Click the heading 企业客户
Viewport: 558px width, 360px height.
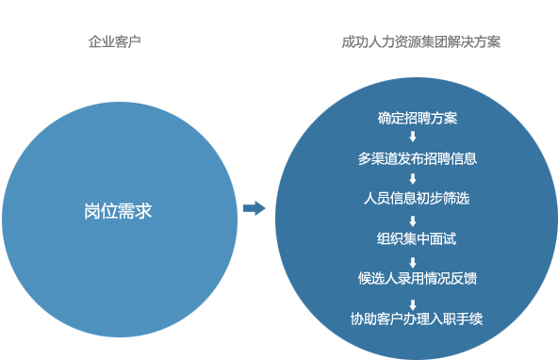[x=115, y=42]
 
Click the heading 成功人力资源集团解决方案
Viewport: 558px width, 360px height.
[x=421, y=42]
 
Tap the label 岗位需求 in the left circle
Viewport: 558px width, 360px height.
[x=118, y=211]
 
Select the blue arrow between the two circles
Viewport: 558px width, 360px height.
[x=254, y=208]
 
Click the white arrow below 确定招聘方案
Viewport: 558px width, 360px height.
[x=414, y=138]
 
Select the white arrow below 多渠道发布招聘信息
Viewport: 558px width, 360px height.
[x=414, y=178]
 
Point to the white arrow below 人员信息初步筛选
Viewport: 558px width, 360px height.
[x=414, y=219]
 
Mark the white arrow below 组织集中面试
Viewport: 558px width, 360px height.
[x=414, y=258]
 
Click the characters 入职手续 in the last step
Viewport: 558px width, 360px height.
[x=456, y=319]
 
